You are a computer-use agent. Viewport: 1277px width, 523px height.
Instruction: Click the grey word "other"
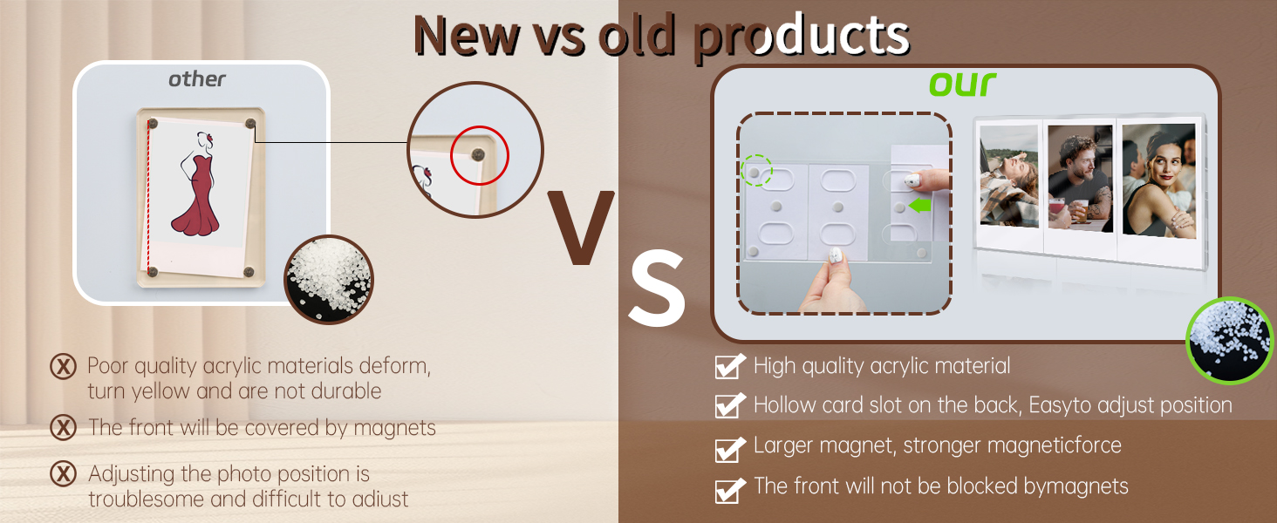tap(196, 79)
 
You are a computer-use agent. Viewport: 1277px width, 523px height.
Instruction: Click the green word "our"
tap(962, 84)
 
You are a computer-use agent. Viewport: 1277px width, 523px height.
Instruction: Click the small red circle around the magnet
tap(480, 155)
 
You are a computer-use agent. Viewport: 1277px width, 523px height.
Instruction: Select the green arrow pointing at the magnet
tap(919, 205)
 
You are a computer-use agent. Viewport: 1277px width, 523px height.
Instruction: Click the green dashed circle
tap(756, 170)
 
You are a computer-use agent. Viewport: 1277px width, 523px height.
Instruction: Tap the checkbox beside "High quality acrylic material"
tap(730, 366)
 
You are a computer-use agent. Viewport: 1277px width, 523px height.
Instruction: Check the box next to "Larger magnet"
tap(730, 450)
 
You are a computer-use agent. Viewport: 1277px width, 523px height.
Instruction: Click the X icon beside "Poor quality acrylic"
tap(63, 366)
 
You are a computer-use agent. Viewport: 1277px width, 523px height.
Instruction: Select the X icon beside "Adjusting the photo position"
tap(63, 473)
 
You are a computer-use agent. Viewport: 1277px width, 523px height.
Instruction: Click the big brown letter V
tap(580, 227)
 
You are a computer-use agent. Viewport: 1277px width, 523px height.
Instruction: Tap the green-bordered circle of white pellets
tap(1229, 340)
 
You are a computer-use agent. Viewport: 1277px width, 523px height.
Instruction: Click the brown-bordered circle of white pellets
tap(329, 280)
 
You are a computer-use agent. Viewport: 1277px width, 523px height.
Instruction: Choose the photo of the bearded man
tap(1080, 179)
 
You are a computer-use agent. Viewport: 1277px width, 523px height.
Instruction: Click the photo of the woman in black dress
tap(1159, 182)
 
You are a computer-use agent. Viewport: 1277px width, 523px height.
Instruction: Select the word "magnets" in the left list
tap(394, 428)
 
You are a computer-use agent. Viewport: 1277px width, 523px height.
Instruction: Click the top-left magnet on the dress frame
tap(153, 123)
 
